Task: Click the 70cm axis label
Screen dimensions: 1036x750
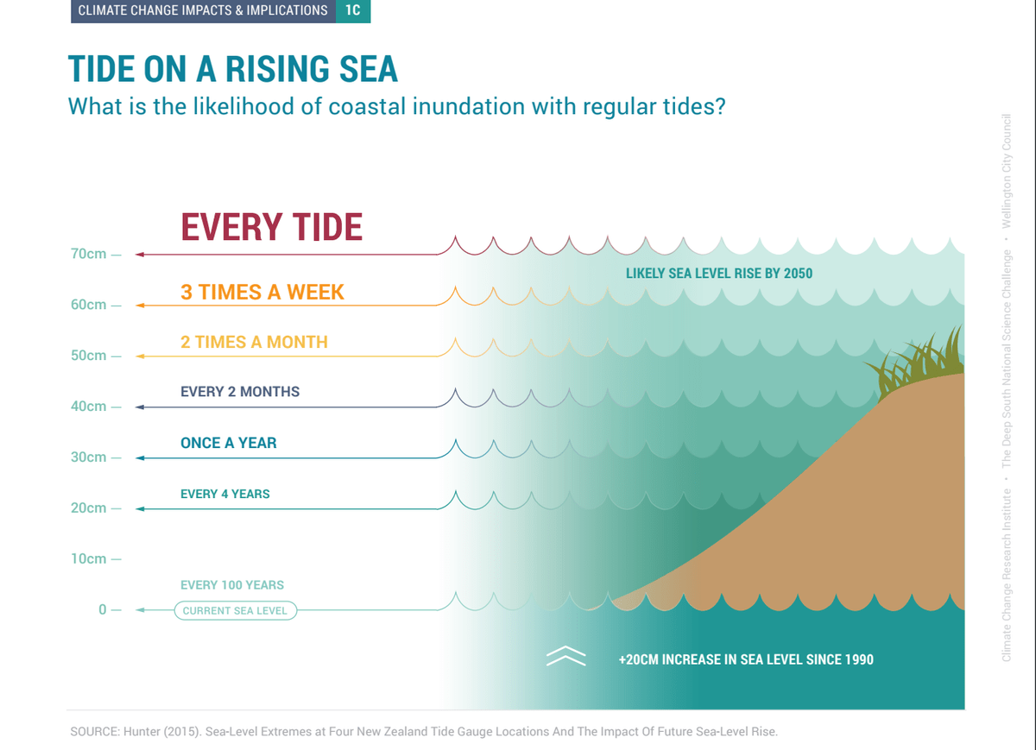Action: (88, 254)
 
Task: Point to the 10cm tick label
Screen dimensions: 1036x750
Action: (88, 558)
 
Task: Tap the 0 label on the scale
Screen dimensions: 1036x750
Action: (102, 609)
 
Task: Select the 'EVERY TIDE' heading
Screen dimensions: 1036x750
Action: (271, 227)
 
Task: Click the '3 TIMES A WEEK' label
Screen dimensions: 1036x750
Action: (262, 293)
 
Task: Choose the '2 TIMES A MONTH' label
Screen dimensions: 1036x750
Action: (254, 342)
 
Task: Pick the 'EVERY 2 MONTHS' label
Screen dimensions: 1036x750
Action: (240, 392)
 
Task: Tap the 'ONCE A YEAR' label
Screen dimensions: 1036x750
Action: (229, 443)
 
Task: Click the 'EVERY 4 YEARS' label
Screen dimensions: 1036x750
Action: (224, 494)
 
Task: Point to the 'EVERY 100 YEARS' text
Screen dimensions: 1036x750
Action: (232, 585)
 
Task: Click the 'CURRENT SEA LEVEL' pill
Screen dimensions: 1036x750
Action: (236, 610)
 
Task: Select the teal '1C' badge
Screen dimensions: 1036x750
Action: (353, 10)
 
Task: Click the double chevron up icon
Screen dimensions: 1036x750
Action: (565, 656)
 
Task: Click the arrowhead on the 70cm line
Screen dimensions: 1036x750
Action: (140, 255)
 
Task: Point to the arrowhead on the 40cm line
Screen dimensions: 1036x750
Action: (140, 407)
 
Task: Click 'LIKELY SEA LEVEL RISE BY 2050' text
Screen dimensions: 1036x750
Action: (718, 274)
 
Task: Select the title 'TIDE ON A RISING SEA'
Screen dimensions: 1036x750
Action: (232, 69)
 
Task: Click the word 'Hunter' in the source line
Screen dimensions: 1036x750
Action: (141, 732)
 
